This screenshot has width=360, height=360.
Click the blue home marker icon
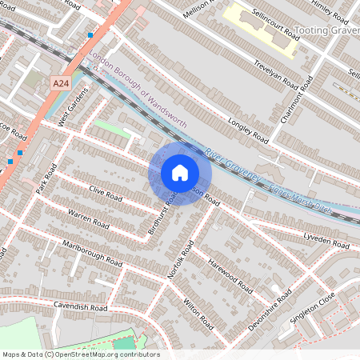pyautogui.click(x=180, y=172)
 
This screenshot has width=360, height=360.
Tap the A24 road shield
pyautogui.click(x=60, y=82)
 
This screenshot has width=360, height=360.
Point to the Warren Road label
pyautogui.click(x=88, y=218)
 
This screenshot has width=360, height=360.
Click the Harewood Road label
pyautogui.click(x=230, y=274)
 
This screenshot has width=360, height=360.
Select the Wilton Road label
pyautogui.click(x=198, y=314)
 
